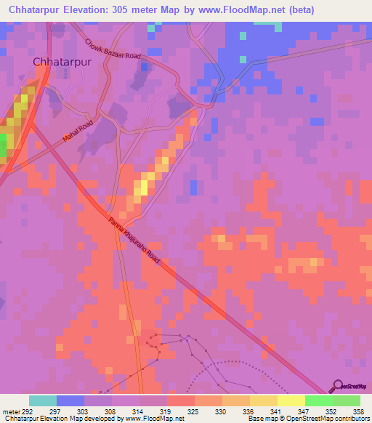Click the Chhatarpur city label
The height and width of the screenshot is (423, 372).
coord(65,62)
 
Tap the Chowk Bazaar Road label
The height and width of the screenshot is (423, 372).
coord(113,50)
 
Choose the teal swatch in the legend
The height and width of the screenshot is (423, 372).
coord(42,400)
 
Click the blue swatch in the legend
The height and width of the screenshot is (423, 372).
coord(70,400)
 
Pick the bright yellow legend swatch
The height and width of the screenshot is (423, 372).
coord(291,400)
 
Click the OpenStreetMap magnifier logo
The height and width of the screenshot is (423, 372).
coord(337,387)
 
